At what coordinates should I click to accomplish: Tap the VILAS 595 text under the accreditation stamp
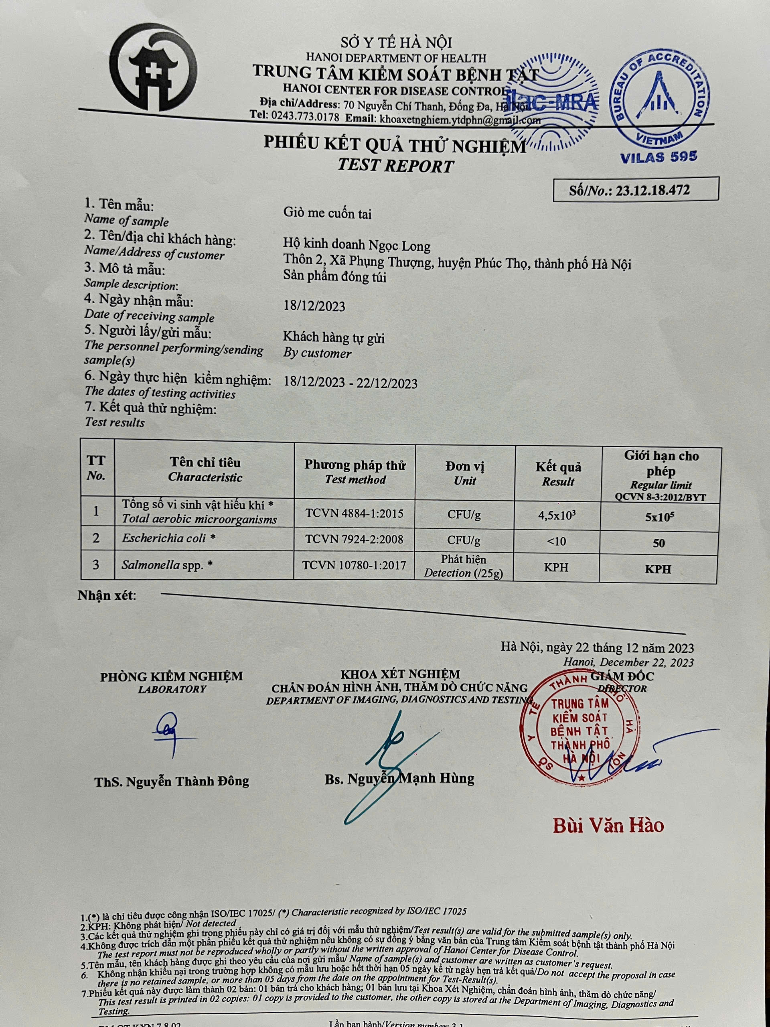click(x=659, y=157)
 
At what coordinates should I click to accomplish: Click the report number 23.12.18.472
click(x=652, y=190)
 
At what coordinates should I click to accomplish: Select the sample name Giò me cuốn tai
click(x=327, y=213)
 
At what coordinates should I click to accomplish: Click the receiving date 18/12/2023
click(x=314, y=306)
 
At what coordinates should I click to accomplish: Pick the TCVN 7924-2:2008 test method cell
click(x=354, y=540)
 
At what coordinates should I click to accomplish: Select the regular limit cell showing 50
click(x=658, y=543)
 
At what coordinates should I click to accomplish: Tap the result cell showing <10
click(x=557, y=541)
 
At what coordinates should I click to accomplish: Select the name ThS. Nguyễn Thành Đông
click(x=172, y=781)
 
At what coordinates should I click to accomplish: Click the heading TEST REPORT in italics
click(x=395, y=166)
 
